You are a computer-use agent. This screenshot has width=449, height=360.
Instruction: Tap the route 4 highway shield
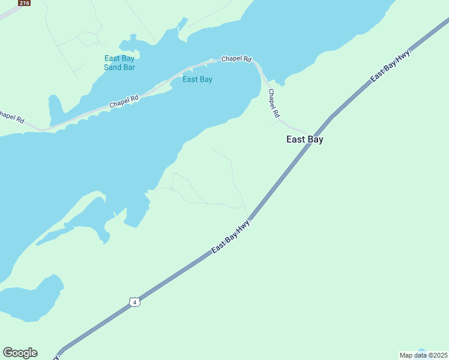coord(134,302)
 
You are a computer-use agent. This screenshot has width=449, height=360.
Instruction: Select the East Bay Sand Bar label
coord(119,63)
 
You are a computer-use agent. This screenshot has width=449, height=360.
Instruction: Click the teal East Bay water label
coord(197,79)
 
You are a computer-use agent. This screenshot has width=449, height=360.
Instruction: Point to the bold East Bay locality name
coord(304,139)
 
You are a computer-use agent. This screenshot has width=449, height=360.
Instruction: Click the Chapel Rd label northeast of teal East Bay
coord(236,59)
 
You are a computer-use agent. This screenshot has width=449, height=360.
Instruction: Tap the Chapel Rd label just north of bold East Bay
coord(274,103)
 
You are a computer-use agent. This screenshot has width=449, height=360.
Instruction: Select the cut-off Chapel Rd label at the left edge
coord(11,116)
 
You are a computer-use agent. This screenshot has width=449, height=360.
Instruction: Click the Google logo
coord(20,353)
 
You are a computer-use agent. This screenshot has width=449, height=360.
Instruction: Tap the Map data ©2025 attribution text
coord(423,355)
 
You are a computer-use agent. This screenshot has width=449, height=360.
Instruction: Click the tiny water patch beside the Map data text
coord(421,350)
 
